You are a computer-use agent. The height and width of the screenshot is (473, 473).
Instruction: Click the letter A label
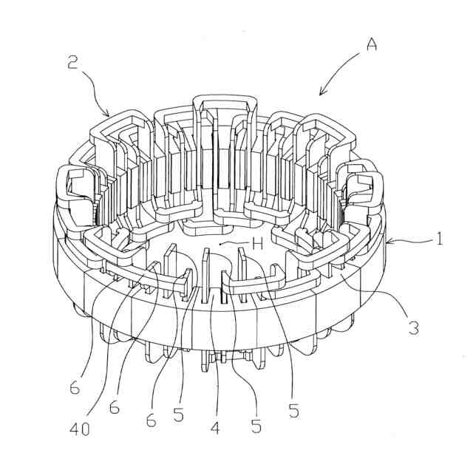point(371,44)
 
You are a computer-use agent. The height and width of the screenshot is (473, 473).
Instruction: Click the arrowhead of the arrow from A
point(320,94)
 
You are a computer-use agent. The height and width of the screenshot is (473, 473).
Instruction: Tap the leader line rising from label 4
point(214,355)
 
